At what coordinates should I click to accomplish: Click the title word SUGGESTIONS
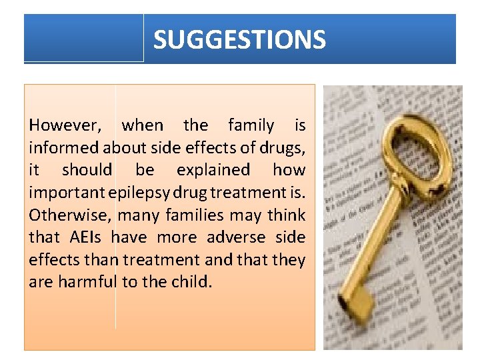239,39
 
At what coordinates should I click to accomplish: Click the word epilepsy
143,193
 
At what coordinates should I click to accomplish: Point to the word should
87,170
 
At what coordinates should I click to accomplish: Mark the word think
288,215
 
